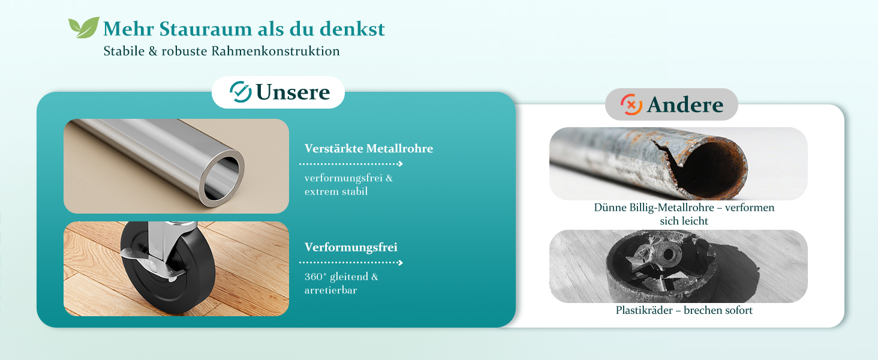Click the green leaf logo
tap(83, 28)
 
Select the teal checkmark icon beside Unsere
tap(240, 92)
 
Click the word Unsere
tap(293, 92)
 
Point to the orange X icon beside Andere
tap(631, 104)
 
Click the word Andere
tap(685, 105)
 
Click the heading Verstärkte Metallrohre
tap(369, 148)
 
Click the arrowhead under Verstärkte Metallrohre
tap(400, 164)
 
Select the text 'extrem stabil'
tap(336, 191)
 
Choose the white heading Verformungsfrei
tap(351, 247)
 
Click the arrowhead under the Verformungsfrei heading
tap(400, 263)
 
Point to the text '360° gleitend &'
tap(341, 277)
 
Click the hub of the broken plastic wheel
tap(666, 254)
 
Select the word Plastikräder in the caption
tap(644, 310)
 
